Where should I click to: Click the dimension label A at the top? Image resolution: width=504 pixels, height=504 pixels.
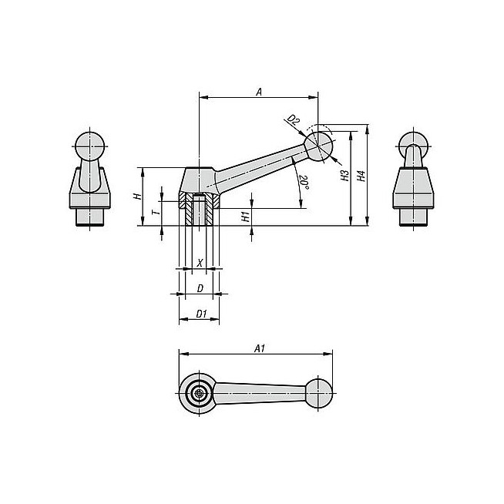pos(259,92)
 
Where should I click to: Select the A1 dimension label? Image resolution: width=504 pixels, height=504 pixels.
pos(260,348)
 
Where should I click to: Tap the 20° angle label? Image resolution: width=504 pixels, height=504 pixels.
pos(304,182)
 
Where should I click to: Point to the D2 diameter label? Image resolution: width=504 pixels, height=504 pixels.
pos(293,119)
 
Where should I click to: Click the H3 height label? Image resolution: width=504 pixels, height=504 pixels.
pos(345,176)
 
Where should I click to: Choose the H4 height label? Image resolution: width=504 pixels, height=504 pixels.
pos(361,176)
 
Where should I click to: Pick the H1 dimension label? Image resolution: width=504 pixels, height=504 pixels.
pos(246,217)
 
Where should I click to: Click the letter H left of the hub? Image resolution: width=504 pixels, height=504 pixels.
pos(138,196)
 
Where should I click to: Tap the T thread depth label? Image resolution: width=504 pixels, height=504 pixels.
pos(156,213)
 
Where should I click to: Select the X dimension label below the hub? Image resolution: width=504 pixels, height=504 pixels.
pos(200,264)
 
